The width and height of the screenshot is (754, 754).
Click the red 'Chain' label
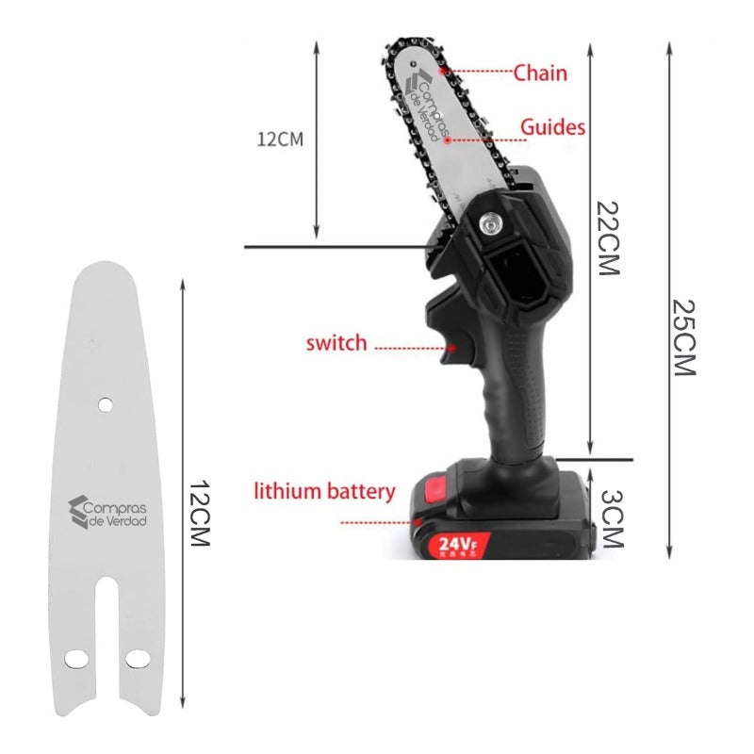[x=540, y=72]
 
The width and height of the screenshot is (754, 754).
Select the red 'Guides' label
[x=553, y=127]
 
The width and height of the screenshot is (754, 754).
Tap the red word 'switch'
[x=336, y=342]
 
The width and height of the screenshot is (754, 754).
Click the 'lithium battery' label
[x=324, y=491]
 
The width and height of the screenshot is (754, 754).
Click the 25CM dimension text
[x=685, y=337]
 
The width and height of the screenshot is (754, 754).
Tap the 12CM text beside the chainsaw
[x=280, y=139]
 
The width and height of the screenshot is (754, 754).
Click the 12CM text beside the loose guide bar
[x=199, y=514]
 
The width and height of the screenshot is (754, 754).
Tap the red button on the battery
[x=435, y=490]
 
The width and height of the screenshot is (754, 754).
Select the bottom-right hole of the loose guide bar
[x=139, y=656]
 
